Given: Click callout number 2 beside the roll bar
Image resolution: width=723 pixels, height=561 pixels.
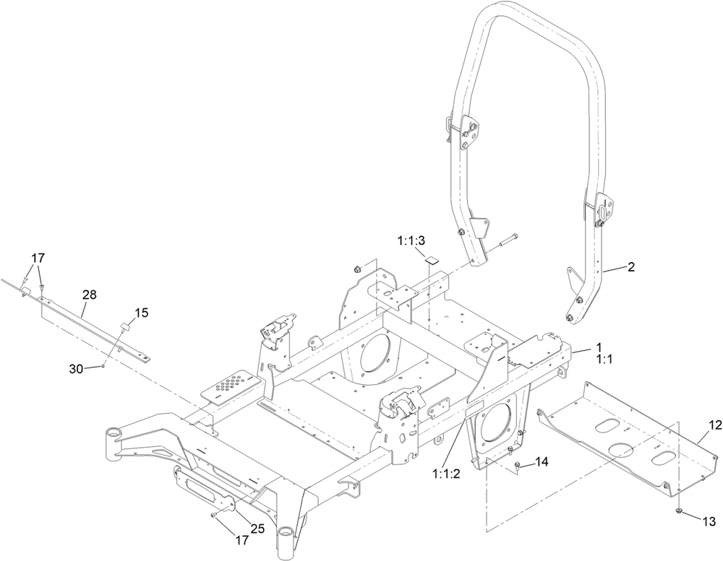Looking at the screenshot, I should (x=631, y=267).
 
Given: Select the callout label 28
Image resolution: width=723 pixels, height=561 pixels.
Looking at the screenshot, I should (x=90, y=295).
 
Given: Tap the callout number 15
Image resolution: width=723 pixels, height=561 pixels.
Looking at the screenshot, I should (x=141, y=313).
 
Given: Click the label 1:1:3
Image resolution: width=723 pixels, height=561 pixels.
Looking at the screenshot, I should (x=411, y=240).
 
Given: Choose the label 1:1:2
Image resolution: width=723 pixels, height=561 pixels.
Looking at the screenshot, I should (x=446, y=474).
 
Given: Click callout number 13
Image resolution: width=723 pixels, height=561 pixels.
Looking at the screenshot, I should (x=709, y=520).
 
